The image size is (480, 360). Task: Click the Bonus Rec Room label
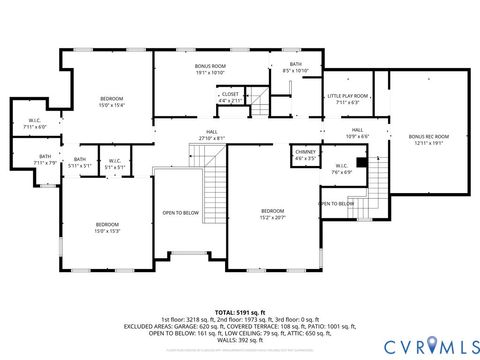pos(428,138)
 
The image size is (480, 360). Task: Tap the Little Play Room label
pos(347,98)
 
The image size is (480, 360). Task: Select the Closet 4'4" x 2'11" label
pos(230,98)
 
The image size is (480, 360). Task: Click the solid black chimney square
pos(362,155)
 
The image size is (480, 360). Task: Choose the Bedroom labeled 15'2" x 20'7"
pos(273,214)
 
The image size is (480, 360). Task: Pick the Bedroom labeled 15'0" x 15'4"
pos(111,101)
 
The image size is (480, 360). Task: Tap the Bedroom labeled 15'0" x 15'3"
pos(107,227)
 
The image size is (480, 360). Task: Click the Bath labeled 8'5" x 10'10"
pos(295,68)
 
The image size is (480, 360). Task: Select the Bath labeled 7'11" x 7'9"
pos(45,159)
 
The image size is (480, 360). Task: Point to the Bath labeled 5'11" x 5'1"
pos(80,162)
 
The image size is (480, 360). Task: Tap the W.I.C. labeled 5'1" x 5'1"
pos(114,163)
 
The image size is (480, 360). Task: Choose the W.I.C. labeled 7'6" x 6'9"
pos(341,169)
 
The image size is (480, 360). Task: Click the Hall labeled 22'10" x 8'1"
pos(212,134)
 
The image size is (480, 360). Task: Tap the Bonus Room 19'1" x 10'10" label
pos(210,69)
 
